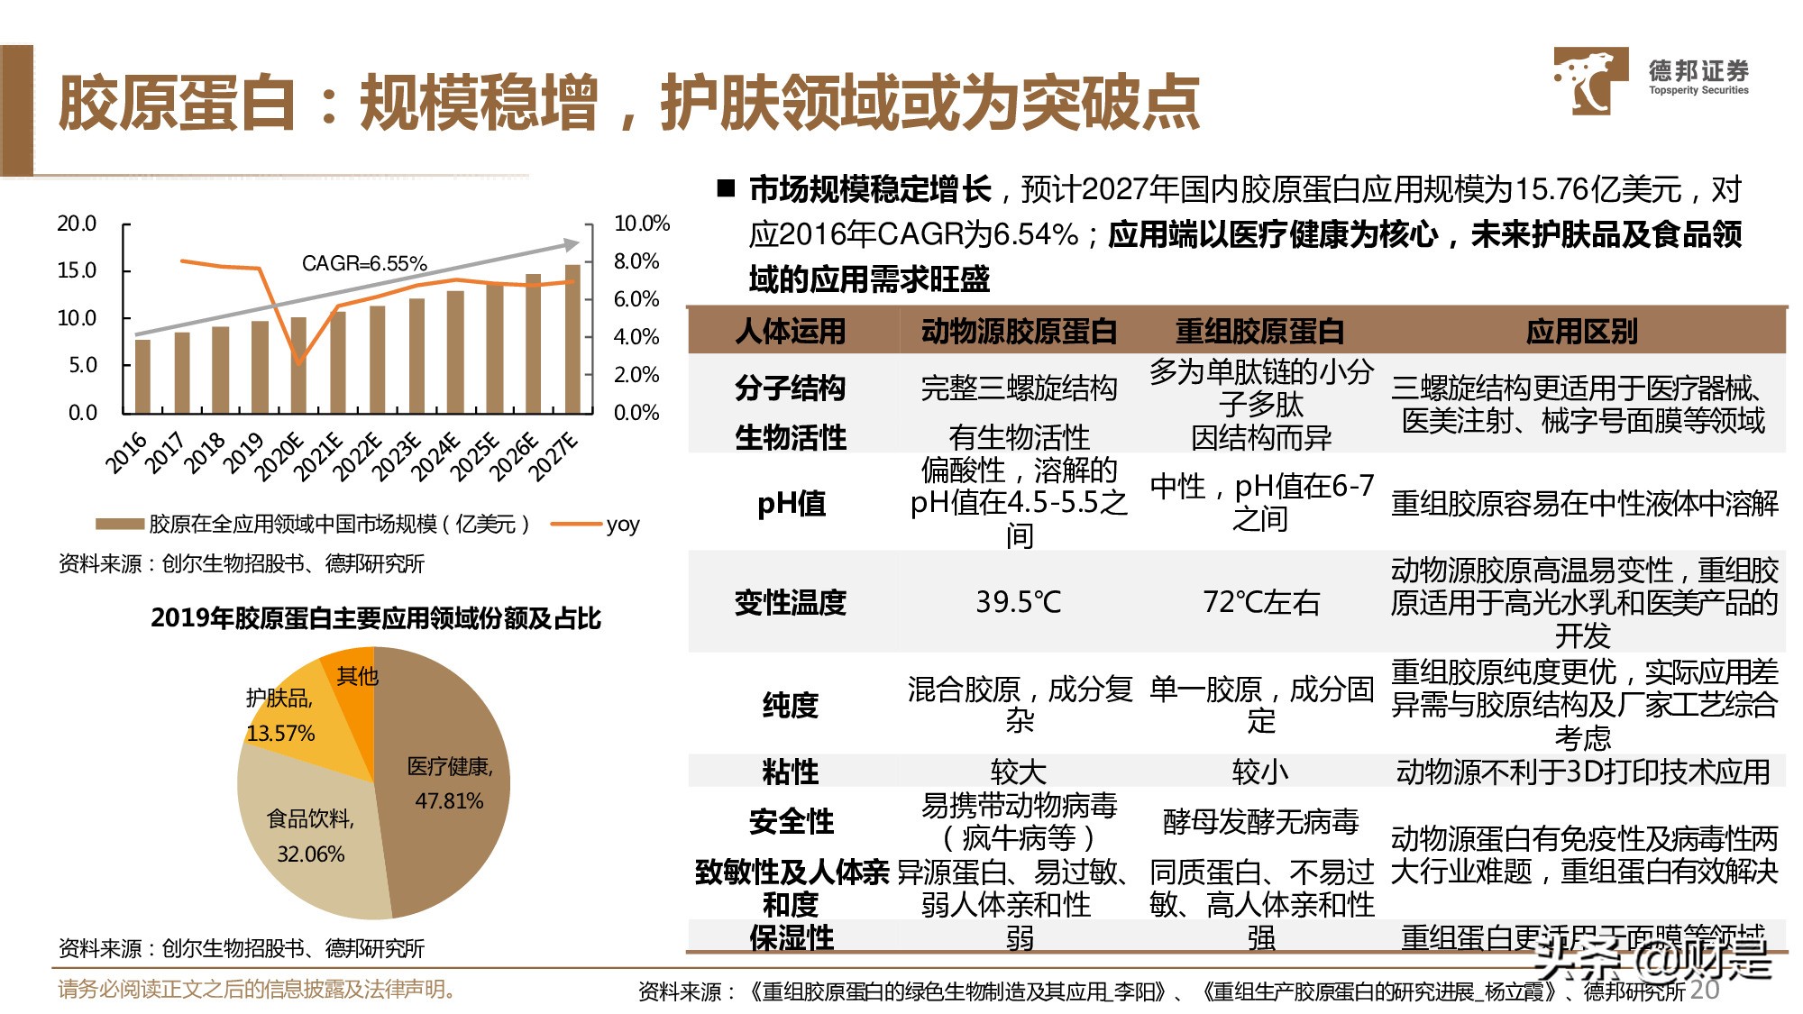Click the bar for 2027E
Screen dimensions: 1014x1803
click(572, 339)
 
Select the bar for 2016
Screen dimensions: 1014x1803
click(142, 376)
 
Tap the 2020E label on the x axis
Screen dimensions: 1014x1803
click(279, 455)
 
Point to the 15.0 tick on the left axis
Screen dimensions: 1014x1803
click(77, 270)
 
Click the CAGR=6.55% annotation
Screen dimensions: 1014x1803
click(363, 263)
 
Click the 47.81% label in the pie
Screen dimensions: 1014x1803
click(449, 800)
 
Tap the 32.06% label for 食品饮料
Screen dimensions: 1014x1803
click(310, 854)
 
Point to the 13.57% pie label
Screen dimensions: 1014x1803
click(280, 733)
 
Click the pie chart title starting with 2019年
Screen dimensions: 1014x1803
click(375, 618)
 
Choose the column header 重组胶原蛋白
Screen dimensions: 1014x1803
click(1259, 332)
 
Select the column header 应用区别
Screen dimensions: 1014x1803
click(1581, 332)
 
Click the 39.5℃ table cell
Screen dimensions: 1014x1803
click(1018, 601)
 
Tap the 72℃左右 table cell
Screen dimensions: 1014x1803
click(1260, 601)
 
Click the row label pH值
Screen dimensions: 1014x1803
click(791, 503)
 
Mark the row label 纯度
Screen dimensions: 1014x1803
click(790, 704)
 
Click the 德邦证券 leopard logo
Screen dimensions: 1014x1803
click(1589, 80)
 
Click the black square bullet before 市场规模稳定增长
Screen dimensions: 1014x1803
click(726, 188)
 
